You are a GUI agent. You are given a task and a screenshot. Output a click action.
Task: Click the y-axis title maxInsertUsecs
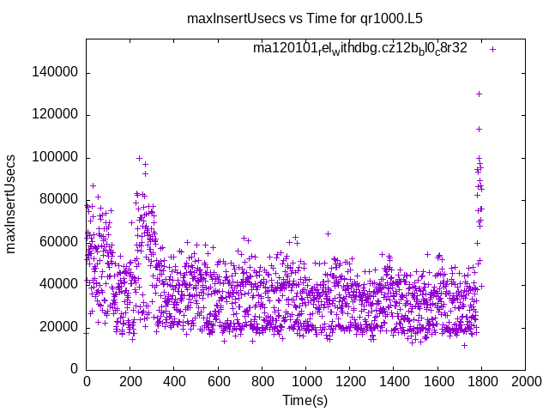pyautogui.click(x=12, y=204)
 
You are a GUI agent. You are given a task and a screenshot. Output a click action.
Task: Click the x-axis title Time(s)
pyautogui.click(x=305, y=400)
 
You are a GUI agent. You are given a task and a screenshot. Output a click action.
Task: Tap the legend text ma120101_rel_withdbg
pyautogui.click(x=359, y=49)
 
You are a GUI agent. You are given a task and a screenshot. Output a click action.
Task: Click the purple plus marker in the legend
pyautogui.click(x=492, y=49)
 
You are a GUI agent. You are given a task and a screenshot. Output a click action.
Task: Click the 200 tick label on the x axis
pyautogui.click(x=130, y=379)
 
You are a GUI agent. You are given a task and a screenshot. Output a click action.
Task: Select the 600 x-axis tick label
pyautogui.click(x=218, y=379)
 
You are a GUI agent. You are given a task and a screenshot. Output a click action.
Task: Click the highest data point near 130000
pyautogui.click(x=479, y=94)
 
